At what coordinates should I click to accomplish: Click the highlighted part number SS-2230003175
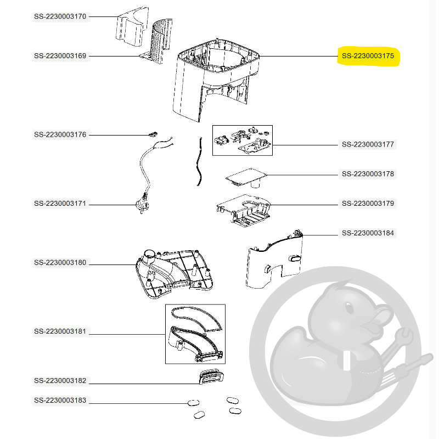(368, 56)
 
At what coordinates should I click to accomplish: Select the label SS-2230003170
(60, 16)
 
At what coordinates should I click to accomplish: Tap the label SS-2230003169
(60, 56)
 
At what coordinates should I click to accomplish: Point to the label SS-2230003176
(60, 134)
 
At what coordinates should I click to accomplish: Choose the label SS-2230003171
(60, 204)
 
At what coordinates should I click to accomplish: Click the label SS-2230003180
(60, 263)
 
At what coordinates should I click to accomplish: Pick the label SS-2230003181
(60, 331)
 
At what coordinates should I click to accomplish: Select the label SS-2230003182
(60, 381)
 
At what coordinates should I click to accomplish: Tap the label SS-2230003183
(60, 401)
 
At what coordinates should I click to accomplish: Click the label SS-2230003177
(368, 144)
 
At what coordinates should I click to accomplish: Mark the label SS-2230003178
(368, 174)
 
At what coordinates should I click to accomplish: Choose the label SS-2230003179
(368, 204)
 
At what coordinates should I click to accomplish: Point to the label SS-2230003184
(368, 233)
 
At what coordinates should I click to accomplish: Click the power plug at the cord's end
(142, 205)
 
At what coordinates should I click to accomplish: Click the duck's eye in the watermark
(349, 308)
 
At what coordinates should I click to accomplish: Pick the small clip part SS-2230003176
(153, 134)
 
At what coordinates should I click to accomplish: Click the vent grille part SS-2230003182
(211, 377)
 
